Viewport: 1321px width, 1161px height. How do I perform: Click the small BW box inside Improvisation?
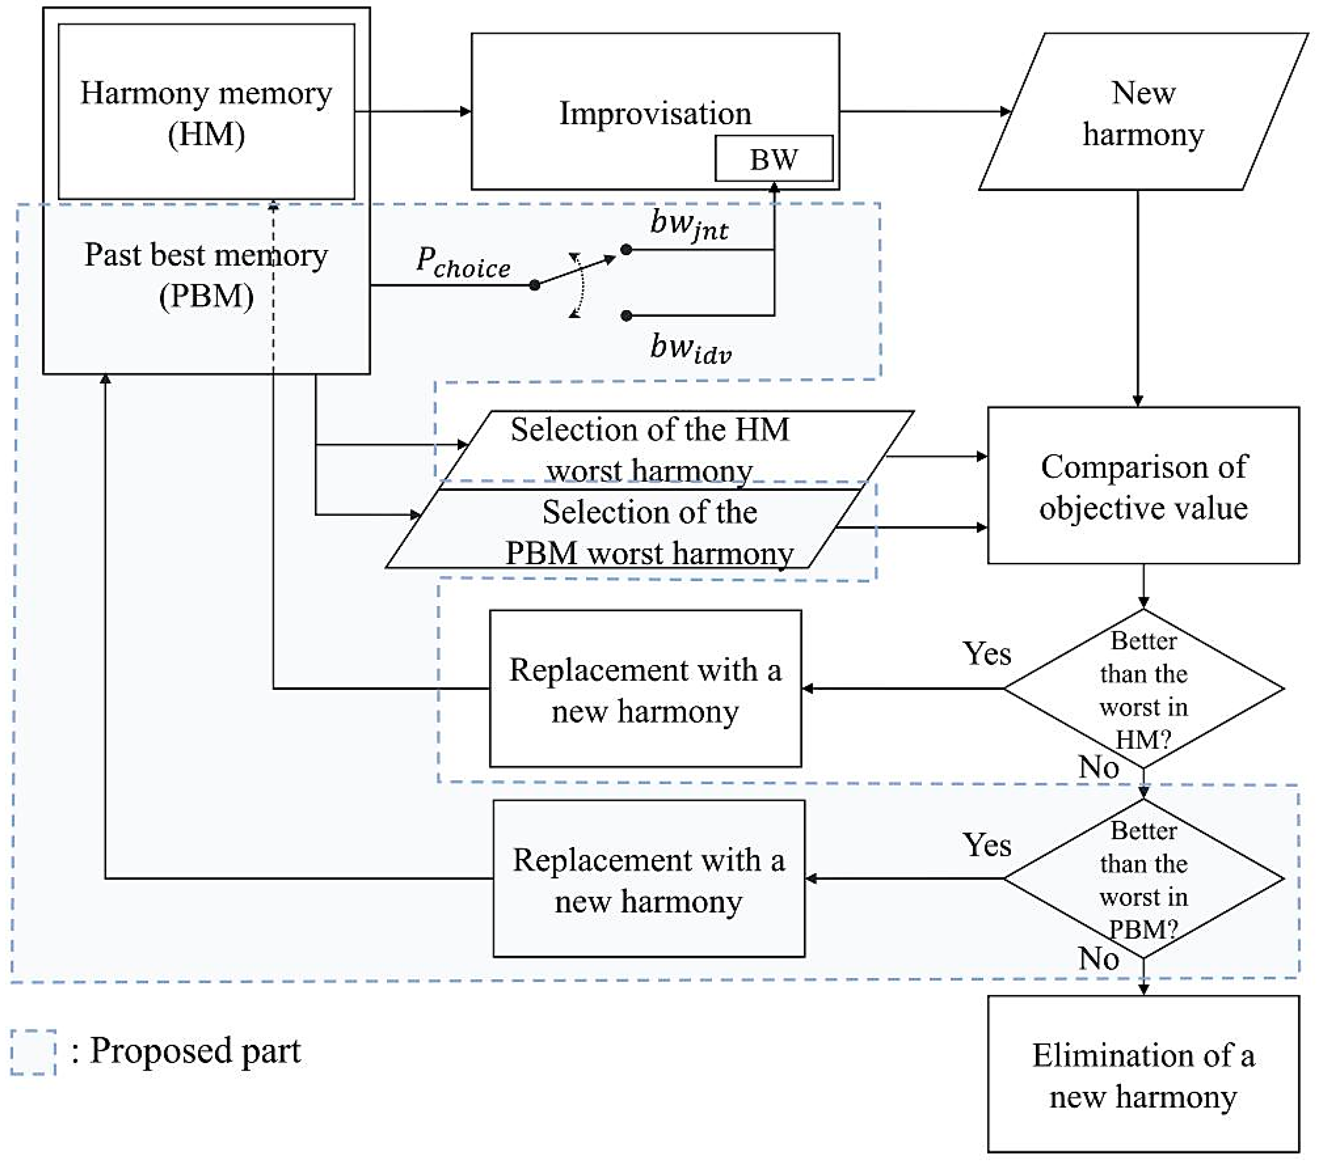click(774, 159)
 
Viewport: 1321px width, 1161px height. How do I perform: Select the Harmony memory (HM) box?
click(206, 112)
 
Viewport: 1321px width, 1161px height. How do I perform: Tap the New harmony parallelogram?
click(1143, 112)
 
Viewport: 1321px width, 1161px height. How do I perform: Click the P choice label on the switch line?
click(463, 263)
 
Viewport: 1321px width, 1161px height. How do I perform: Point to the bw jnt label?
click(689, 225)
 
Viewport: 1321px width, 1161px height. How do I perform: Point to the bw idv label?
click(690, 349)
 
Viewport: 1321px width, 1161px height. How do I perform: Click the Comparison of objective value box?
click(1143, 486)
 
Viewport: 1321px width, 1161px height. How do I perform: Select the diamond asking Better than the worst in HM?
click(1143, 689)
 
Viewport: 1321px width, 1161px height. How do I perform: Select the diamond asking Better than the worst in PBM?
click(1143, 879)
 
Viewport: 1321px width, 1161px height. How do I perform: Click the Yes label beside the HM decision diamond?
click(986, 654)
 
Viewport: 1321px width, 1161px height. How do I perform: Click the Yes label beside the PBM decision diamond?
click(986, 845)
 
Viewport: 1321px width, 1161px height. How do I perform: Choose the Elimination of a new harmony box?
click(1143, 1076)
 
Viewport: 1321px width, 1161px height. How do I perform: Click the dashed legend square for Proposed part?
click(33, 1052)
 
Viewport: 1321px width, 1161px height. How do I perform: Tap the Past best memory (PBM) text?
click(206, 275)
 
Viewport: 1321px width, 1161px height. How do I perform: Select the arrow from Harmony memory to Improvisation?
click(412, 111)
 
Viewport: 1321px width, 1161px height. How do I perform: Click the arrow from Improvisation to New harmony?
click(924, 111)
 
